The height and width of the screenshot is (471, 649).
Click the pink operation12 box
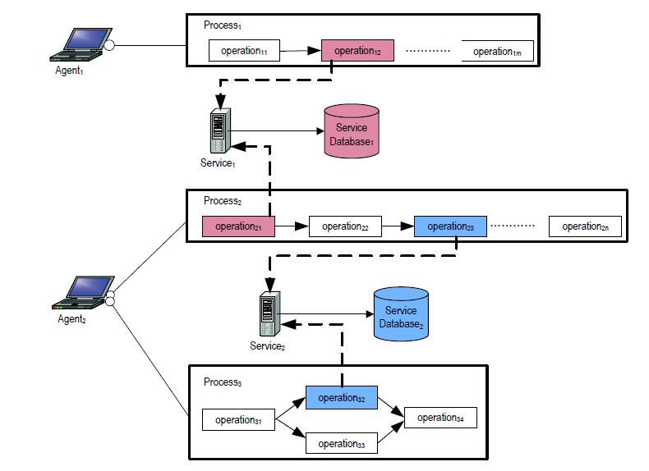coord(357,51)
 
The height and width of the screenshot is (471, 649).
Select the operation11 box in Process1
coord(244,52)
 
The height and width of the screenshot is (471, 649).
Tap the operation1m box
coord(497,52)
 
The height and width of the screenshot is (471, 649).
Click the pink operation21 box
coord(238,226)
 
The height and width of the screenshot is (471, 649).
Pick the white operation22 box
coord(345,226)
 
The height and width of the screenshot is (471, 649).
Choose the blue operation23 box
coord(450,226)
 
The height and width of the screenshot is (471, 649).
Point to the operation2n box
coord(585,226)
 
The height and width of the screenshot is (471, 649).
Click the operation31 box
coord(238,420)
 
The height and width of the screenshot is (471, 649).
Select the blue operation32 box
coord(342,398)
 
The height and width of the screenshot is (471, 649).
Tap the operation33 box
coord(342,444)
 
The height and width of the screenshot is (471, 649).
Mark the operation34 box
coord(440,418)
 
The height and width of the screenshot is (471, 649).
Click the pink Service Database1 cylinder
coord(352,130)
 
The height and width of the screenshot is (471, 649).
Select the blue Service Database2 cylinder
coord(400,313)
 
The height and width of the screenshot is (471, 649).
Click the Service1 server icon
coord(218,130)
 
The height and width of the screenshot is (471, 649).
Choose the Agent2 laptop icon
coord(83,292)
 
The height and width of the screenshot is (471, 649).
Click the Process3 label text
coord(223,382)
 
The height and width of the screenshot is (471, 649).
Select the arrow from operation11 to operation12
coord(300,52)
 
